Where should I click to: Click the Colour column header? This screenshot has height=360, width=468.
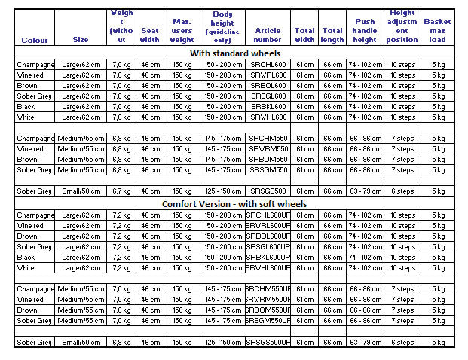coord(35,40)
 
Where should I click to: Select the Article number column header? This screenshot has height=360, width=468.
coord(268,35)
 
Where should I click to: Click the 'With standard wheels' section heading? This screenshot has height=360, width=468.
coord(234,53)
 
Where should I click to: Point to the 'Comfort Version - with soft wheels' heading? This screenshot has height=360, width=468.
coord(234,204)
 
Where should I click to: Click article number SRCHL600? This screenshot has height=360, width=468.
coord(268,65)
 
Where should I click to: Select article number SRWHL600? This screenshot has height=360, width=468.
coord(268,117)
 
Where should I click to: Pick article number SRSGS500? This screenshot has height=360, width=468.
coord(268,191)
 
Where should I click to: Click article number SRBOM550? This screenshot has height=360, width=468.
coord(268,160)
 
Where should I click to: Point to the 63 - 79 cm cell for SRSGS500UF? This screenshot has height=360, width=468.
coord(365,343)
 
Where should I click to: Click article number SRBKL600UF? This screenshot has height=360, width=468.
coord(268,258)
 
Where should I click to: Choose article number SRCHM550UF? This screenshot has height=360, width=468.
coord(268,289)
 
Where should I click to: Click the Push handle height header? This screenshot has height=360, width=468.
coord(365,30)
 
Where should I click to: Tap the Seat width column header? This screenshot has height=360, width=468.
coord(151,35)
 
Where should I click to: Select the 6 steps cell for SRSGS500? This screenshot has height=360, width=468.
coord(402,191)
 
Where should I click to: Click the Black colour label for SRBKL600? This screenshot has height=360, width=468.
coord(26,107)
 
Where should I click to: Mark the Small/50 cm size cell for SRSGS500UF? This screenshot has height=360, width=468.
coord(81,343)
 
